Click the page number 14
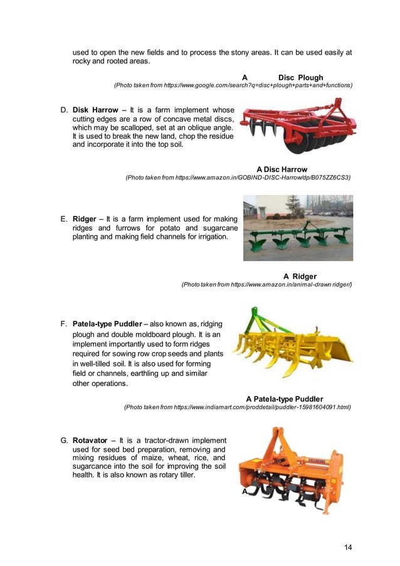[348, 547]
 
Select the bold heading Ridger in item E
[85, 219]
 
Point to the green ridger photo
[298, 227]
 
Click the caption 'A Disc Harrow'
[282, 169]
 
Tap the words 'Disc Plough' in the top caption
[300, 78]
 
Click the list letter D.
[64, 109]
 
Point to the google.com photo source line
[233, 85]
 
